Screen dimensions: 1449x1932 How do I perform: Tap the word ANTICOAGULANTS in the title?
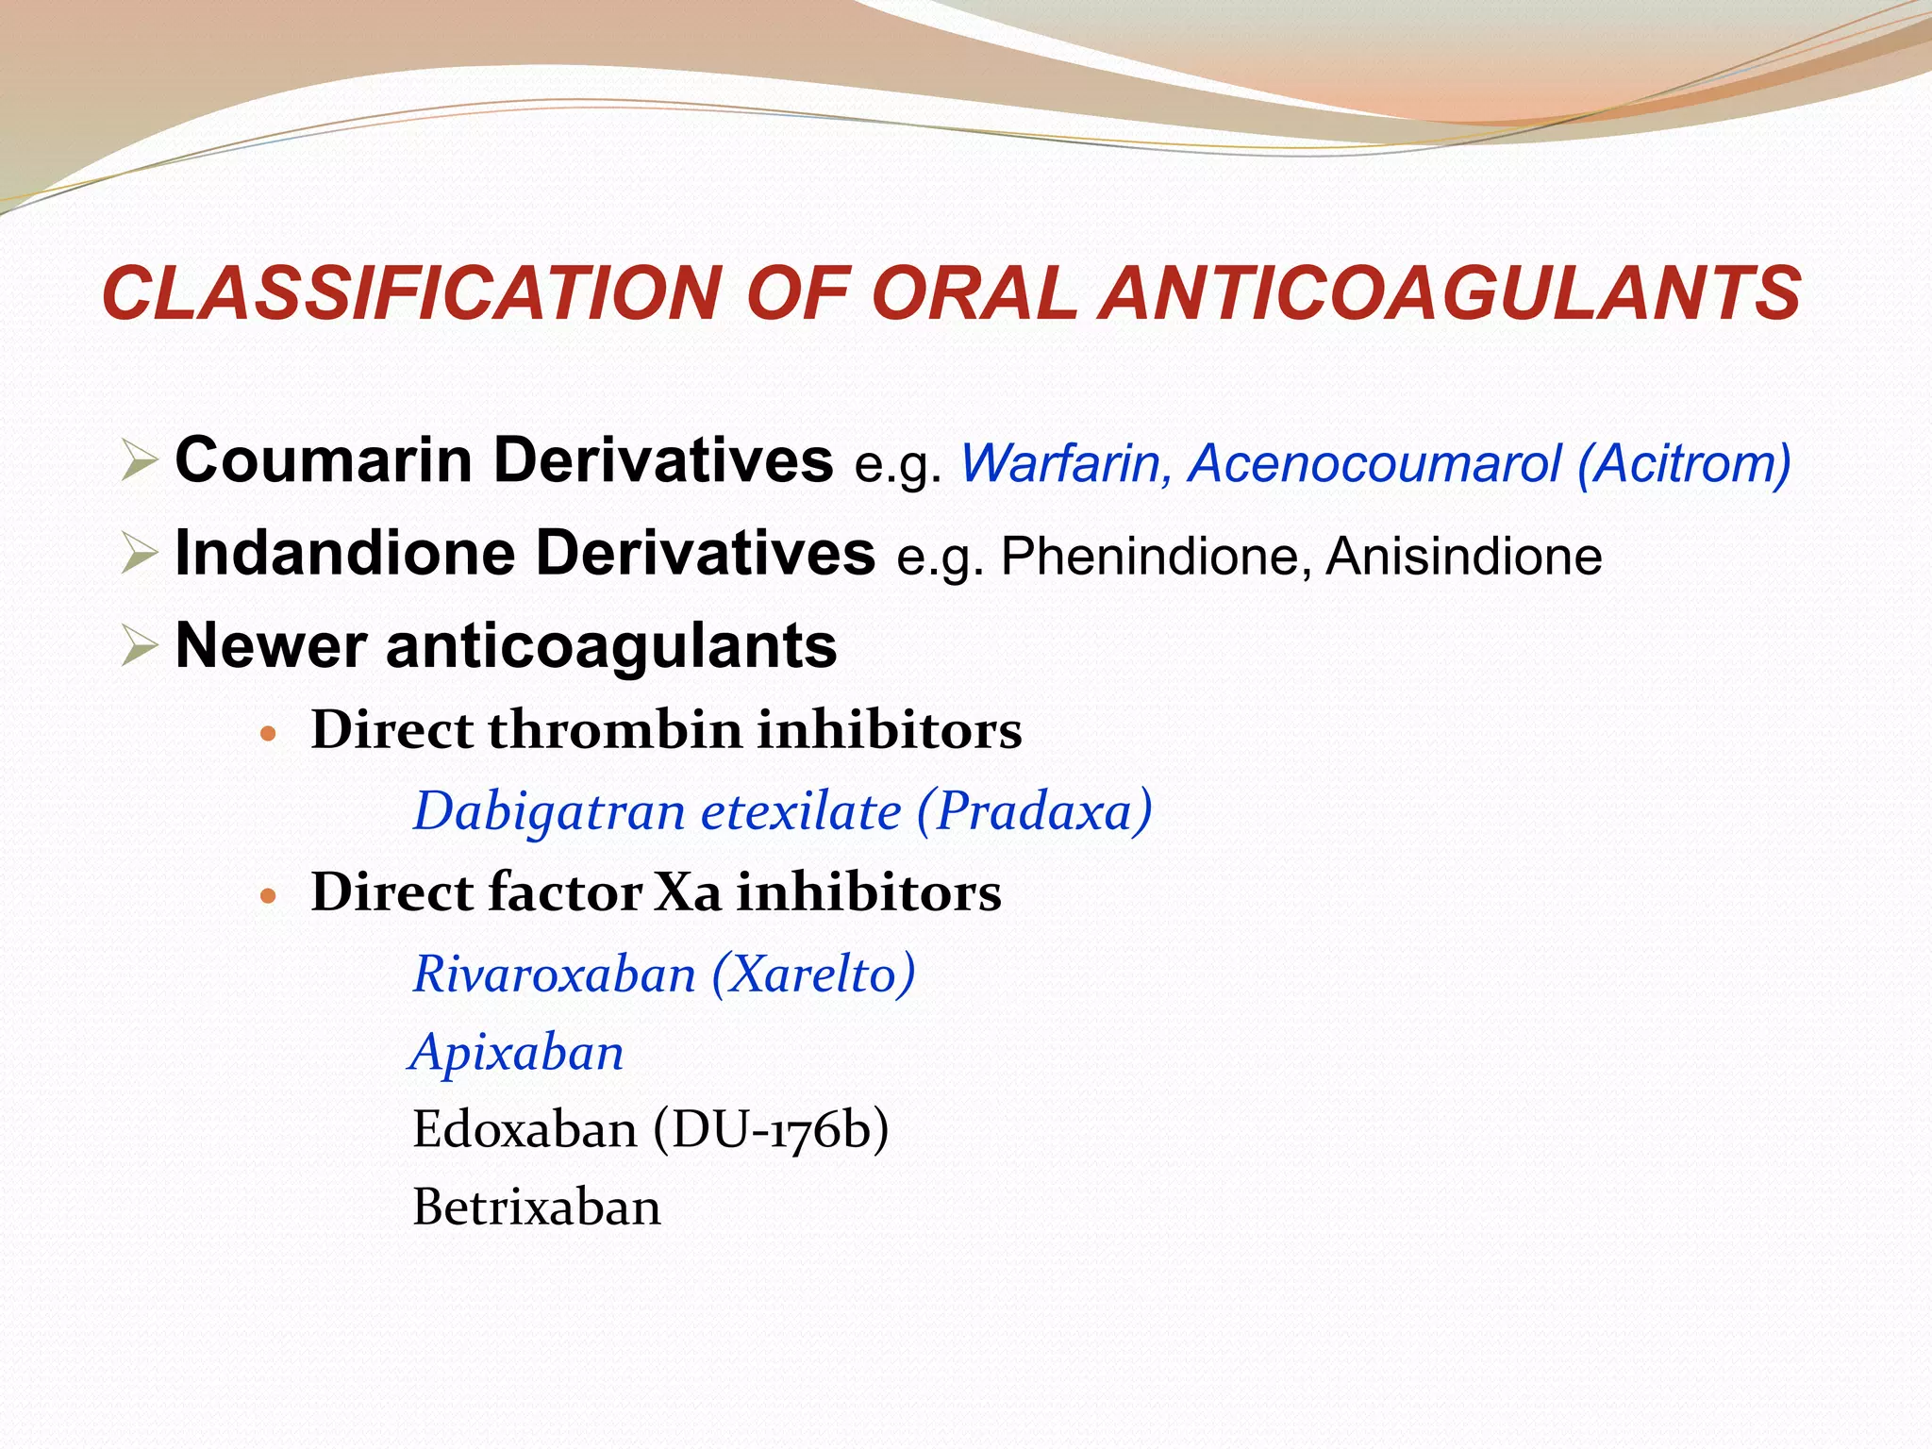(x=1453, y=293)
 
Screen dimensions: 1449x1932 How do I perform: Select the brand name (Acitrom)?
(x=1684, y=464)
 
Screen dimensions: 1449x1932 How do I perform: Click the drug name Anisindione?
(x=1463, y=557)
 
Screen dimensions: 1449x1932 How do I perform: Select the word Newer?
(x=272, y=647)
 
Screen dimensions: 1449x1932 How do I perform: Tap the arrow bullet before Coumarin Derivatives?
(x=140, y=462)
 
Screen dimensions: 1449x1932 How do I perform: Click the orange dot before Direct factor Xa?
(x=269, y=895)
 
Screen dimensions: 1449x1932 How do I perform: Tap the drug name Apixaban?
(x=518, y=1053)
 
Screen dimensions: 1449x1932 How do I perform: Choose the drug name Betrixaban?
(x=537, y=1208)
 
